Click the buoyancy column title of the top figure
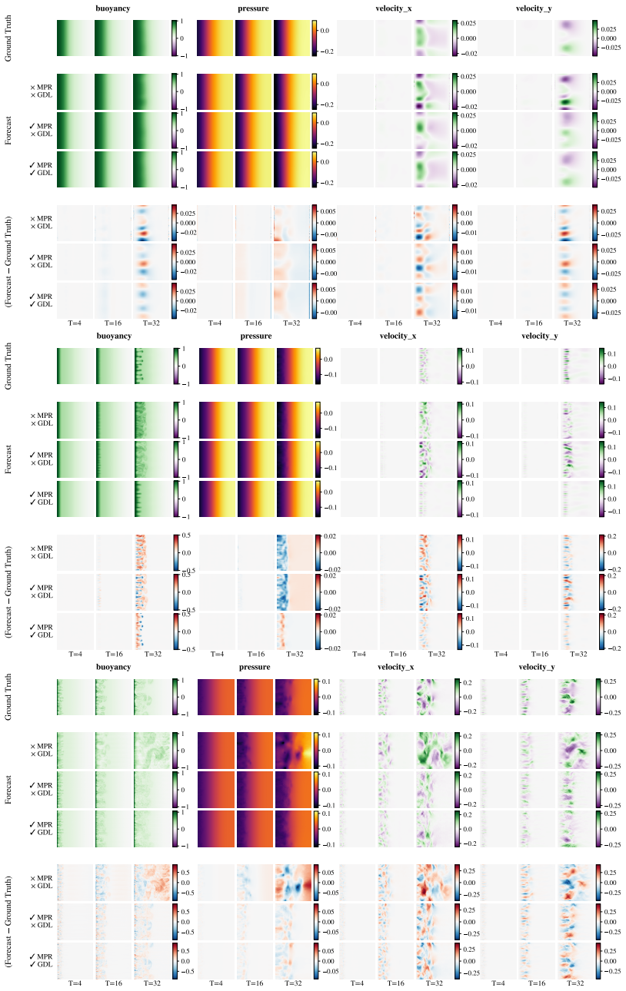(x=113, y=8)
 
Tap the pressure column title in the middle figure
(x=256, y=336)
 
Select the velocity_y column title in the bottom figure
(x=537, y=667)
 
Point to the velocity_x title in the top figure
(x=394, y=8)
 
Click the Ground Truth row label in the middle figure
(x=8, y=366)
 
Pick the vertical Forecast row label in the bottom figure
(x=8, y=789)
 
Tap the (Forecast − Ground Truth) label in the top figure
(x=8, y=261)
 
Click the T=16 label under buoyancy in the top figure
(x=113, y=323)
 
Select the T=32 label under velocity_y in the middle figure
(x=578, y=654)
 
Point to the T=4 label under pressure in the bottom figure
(x=216, y=983)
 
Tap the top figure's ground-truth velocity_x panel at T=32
(x=432, y=38)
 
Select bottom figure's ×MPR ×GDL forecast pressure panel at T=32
(x=293, y=751)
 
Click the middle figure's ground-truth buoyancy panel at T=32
(x=153, y=366)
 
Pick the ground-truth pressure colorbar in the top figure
(x=314, y=38)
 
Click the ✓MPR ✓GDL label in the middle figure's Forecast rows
(x=42, y=498)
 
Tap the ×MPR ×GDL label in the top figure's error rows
(x=42, y=223)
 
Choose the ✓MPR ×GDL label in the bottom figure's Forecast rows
(x=42, y=789)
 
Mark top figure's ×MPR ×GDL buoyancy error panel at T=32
(x=152, y=223)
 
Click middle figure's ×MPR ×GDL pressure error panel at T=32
(x=295, y=552)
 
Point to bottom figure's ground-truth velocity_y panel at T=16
(x=537, y=697)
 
